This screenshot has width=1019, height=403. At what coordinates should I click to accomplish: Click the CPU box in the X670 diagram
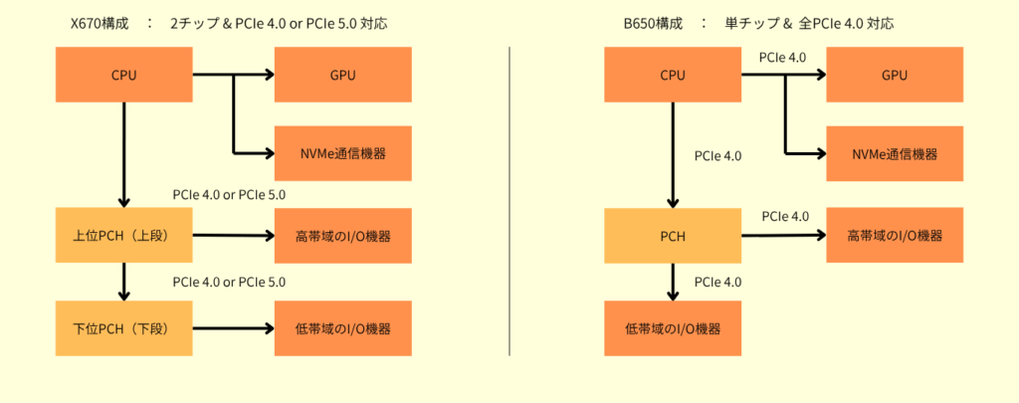pos(124,75)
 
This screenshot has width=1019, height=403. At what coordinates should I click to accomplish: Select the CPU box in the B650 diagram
pos(673,75)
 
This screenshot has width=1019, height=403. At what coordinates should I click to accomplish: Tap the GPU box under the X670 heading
pos(343,75)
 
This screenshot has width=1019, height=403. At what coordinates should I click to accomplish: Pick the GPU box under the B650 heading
pos(895,75)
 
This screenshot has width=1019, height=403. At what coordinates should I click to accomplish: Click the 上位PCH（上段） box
pos(124,236)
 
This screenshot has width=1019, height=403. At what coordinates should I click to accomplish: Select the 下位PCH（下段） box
pos(124,328)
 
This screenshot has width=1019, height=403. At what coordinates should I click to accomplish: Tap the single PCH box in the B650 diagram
pos(673,236)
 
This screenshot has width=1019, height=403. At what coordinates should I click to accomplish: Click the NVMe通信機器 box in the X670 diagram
pos(343,153)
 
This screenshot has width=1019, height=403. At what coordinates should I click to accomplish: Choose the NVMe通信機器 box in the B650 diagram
pos(895,154)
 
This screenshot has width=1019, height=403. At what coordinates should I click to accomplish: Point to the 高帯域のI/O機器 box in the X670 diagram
pos(343,236)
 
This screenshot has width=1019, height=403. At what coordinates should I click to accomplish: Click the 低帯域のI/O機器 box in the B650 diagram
pos(673,328)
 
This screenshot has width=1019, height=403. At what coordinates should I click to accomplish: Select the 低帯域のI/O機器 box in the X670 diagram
pos(343,328)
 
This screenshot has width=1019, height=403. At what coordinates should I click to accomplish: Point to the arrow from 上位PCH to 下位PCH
pos(124,283)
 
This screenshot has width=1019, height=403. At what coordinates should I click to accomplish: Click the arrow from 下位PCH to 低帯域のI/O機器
pos(234,328)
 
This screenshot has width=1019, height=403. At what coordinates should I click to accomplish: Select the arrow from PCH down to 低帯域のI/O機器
pos(673,283)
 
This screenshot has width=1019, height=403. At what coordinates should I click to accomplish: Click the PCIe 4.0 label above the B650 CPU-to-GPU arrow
pos(782,58)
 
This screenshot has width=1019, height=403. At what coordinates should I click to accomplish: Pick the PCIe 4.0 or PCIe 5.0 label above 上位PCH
pos(230,195)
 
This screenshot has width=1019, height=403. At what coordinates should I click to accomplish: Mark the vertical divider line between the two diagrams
pos(509,201)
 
